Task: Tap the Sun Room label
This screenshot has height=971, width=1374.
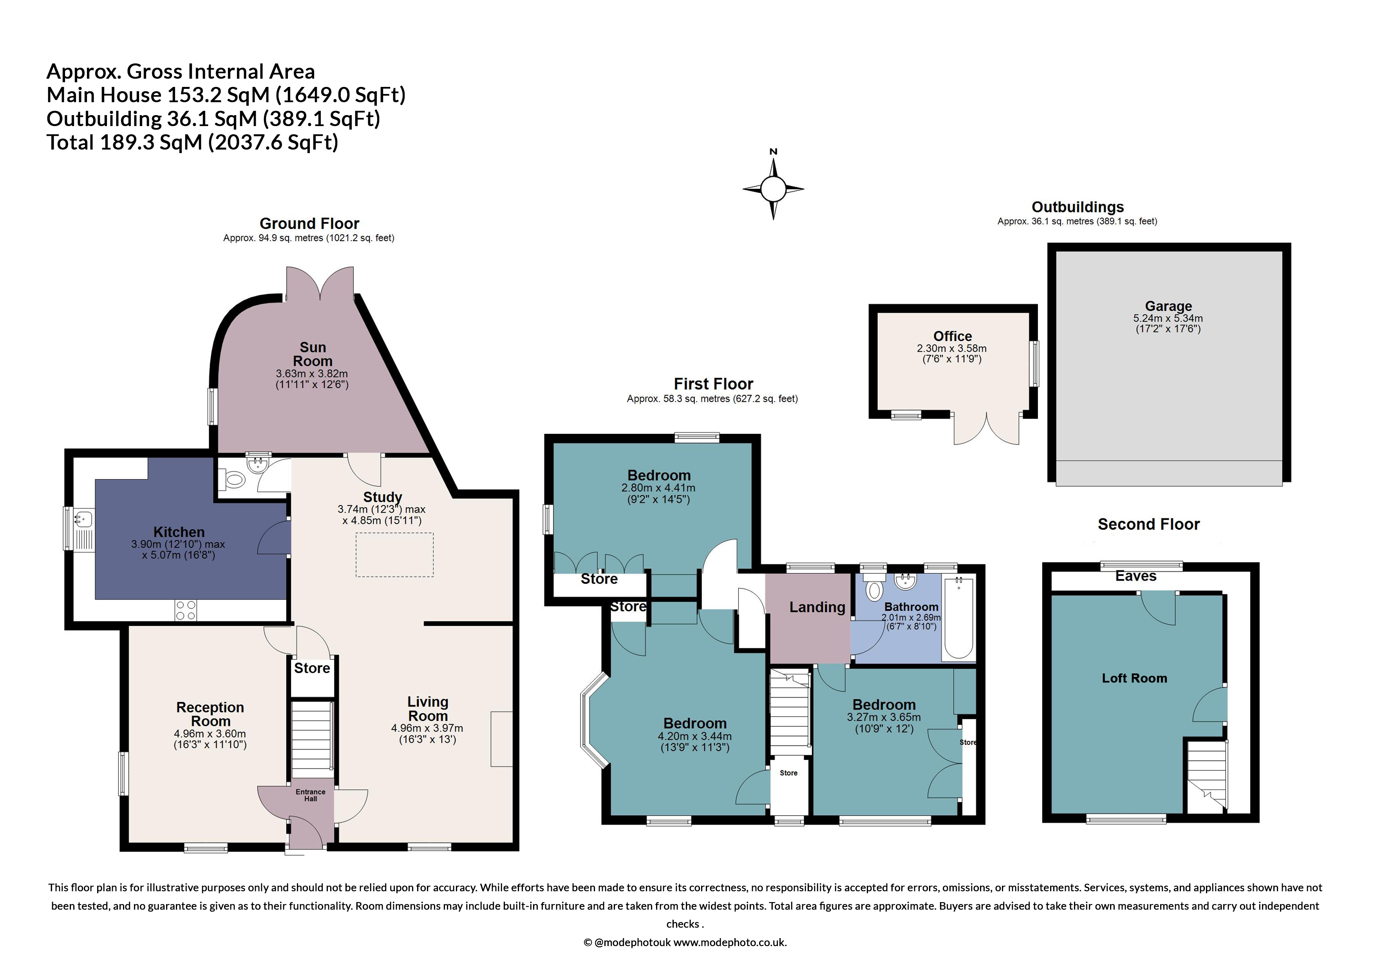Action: pos(313,354)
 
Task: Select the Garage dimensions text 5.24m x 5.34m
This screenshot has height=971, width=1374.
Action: pos(1168,318)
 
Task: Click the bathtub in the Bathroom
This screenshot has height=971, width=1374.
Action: pos(958,617)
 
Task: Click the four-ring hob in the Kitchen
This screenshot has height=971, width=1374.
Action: pos(186,610)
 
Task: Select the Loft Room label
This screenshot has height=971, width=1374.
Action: pos(1134,678)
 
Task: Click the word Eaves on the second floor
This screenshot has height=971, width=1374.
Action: pos(1135,576)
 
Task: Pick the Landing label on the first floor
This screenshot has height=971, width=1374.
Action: pos(817,607)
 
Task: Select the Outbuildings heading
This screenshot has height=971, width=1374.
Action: pos(1077,207)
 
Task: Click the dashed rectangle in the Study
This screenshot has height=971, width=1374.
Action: pos(394,554)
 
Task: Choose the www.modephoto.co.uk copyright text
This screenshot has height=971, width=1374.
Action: pos(685,942)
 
